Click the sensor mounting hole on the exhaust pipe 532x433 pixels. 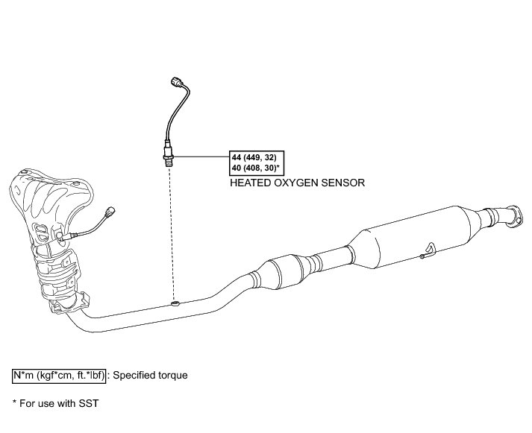175,303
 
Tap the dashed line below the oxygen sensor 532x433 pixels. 172,231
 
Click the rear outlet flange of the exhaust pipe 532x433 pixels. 512,217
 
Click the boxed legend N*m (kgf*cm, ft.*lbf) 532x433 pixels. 60,375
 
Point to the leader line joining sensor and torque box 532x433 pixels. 201,157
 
